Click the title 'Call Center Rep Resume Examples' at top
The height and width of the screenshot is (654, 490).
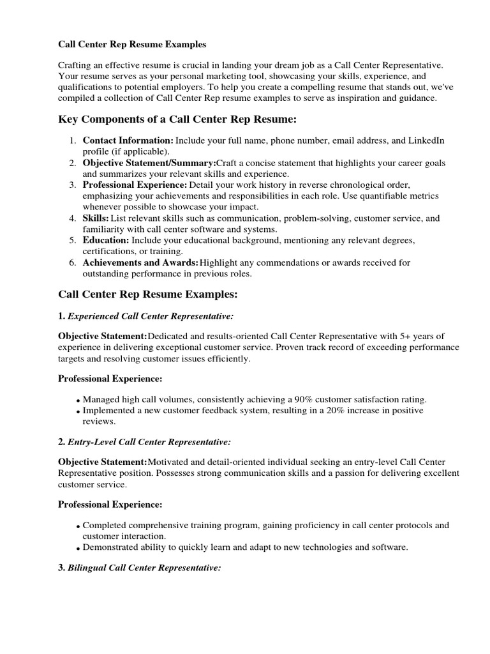(x=133, y=45)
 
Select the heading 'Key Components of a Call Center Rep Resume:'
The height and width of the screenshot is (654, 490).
(x=177, y=119)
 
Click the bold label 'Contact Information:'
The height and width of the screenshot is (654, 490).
(x=128, y=141)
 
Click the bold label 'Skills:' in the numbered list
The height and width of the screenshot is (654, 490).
(x=96, y=218)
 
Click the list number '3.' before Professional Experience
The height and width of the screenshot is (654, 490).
(x=73, y=185)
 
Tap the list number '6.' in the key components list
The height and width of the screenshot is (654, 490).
(x=73, y=262)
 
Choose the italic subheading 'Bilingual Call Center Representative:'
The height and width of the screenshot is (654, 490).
(x=144, y=567)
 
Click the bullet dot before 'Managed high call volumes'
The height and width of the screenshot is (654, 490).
(x=78, y=400)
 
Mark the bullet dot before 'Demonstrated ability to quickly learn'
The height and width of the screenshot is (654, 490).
(x=78, y=549)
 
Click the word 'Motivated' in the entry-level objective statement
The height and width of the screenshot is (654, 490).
(x=168, y=462)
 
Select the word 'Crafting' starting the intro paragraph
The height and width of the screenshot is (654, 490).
(x=75, y=66)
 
